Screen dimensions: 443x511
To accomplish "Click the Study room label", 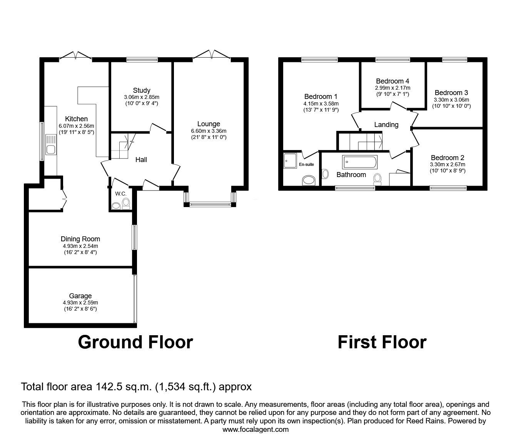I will point(142,90).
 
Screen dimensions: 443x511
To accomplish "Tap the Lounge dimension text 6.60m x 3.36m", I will point(209,130).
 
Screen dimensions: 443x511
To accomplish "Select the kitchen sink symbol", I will point(50,144).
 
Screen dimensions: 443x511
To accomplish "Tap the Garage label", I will point(80,296).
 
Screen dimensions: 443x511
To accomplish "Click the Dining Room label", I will point(80,239).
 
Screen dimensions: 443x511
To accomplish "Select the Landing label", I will point(386,124).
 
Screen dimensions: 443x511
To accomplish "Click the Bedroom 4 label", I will point(392,81).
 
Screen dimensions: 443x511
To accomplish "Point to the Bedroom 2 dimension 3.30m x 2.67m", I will point(448,164).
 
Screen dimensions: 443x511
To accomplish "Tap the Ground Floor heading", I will point(135,342).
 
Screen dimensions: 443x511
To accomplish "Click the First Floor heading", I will point(382,342).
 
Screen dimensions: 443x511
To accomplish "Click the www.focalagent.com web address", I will point(255,430).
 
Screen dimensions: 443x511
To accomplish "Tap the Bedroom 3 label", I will point(451,93).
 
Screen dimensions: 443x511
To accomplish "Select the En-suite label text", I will point(307,164).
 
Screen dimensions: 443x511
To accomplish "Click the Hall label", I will point(141,159).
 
